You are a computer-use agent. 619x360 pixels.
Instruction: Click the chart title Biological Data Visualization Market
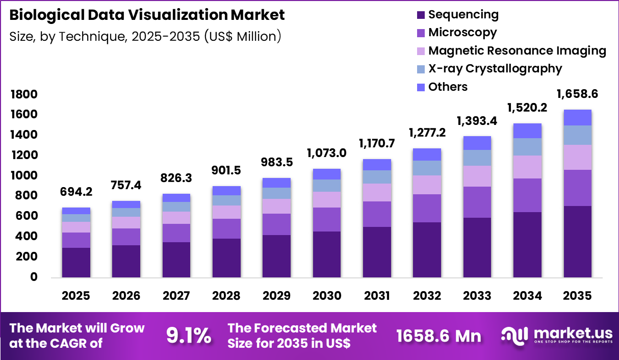coord(147,15)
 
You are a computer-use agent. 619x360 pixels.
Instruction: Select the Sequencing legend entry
coord(463,14)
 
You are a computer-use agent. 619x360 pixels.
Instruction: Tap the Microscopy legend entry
coord(462,33)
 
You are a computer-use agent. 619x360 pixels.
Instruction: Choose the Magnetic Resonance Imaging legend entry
coord(517,50)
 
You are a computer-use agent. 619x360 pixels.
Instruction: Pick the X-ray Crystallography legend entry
coord(495,68)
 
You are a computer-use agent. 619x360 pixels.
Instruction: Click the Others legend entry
coord(448,87)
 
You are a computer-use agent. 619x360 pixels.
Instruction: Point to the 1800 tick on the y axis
coord(24,94)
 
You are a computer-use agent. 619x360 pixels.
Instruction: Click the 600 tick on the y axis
coord(27,216)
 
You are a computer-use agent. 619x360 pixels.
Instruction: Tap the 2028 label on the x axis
coord(226,296)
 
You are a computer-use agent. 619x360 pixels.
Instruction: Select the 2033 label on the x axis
coord(477,296)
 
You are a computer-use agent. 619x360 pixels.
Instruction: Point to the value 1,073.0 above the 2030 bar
coord(327,153)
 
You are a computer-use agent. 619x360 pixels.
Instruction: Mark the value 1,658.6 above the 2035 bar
coord(577,94)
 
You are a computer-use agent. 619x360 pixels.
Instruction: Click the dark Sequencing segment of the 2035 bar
coord(577,242)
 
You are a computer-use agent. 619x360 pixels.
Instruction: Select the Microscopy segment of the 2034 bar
coord(527,195)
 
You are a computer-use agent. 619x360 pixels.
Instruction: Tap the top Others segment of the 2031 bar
coord(377,164)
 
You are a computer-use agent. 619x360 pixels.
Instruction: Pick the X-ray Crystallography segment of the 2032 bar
coord(427,168)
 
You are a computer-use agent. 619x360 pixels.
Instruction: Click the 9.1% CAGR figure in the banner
coord(189,336)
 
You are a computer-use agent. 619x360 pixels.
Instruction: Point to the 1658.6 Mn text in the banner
coord(439,336)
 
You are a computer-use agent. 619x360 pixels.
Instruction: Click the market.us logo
coord(556,335)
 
